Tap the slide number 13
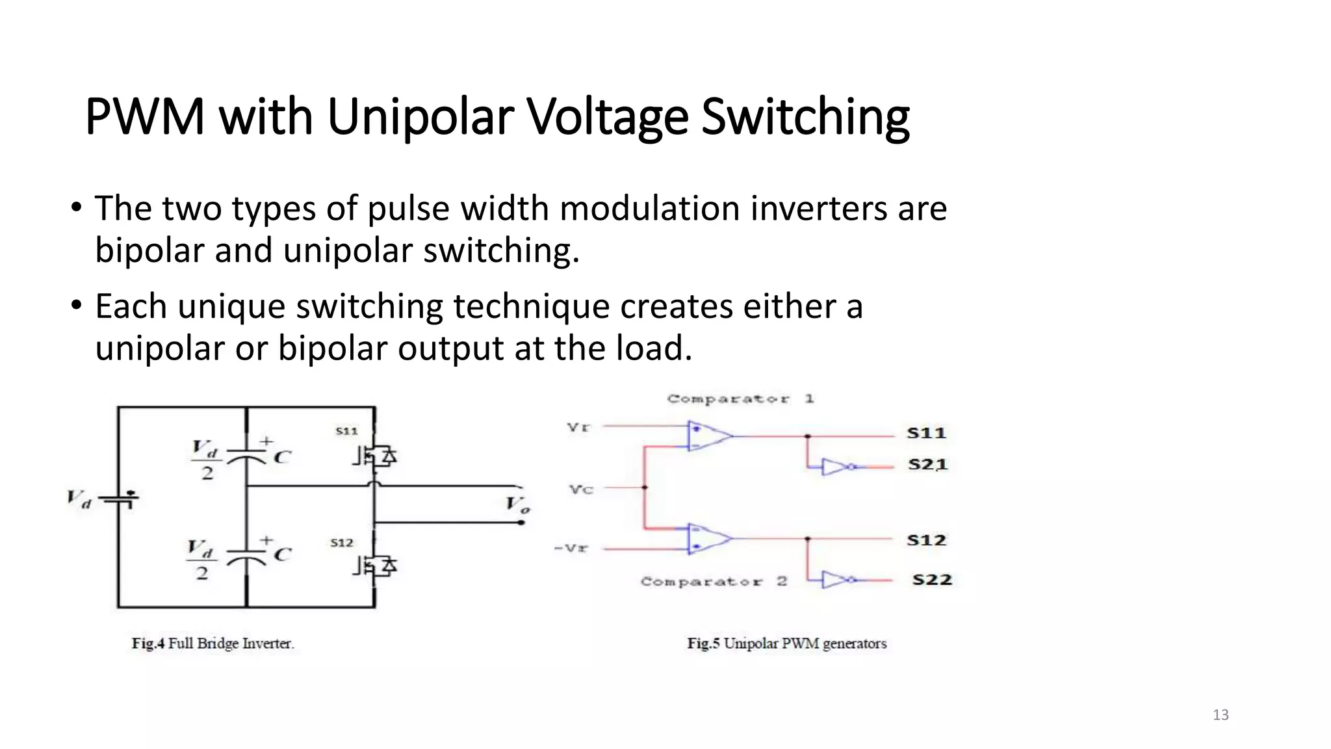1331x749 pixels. (1221, 715)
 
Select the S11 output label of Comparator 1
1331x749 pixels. (926, 433)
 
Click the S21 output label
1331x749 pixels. (927, 465)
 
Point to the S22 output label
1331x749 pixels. (931, 579)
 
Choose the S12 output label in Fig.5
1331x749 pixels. (926, 540)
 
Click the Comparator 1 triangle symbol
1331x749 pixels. (709, 436)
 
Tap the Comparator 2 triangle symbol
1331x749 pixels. (709, 538)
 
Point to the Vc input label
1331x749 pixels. (581, 489)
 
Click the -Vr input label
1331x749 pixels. (571, 548)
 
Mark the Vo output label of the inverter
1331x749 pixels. (518, 505)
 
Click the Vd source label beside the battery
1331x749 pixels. (79, 499)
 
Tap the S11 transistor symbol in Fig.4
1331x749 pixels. (375, 456)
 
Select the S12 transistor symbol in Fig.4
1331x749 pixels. (375, 566)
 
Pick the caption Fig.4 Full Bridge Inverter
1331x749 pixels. (213, 644)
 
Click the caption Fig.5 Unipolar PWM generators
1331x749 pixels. (786, 644)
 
